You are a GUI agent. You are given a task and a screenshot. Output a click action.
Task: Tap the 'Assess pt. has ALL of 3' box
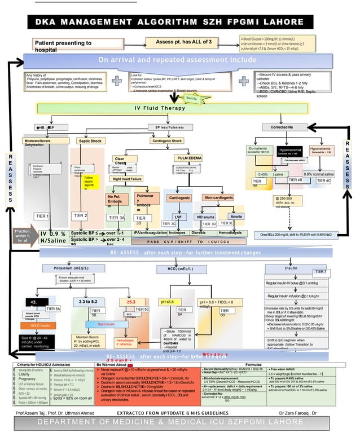click(x=183, y=42)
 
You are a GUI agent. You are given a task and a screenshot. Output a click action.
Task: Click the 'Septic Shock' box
click(x=89, y=140)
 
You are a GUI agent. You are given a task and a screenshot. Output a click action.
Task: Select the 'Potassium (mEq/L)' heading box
click(x=73, y=267)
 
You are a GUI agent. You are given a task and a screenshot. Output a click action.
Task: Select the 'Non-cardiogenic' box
click(x=219, y=198)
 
